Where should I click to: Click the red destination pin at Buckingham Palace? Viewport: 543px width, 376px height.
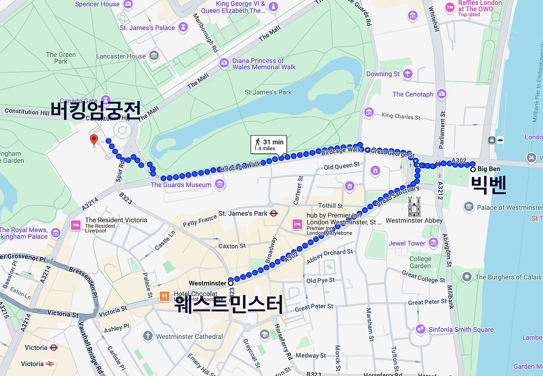pos(94,139)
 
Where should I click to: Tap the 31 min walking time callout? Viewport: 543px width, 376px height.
pos(268,145)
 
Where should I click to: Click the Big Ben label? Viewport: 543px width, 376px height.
pos(489,169)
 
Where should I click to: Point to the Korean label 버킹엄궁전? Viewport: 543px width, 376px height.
pos(95,111)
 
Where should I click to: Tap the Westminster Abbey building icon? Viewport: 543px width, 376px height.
pos(414,206)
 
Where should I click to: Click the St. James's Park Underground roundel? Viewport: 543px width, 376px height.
pos(274,213)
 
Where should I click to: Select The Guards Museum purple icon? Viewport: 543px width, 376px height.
pos(219,184)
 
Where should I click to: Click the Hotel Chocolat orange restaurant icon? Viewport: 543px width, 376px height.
pos(164,296)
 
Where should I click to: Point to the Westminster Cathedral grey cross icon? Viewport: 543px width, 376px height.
pos(148,336)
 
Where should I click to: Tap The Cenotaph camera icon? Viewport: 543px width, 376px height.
pos(442,94)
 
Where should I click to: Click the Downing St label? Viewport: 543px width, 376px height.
pos(383,74)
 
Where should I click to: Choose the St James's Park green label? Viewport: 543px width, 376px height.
pos(268,92)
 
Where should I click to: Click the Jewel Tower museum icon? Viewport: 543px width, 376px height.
pos(433,243)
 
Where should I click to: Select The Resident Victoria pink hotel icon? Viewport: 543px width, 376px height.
pos(76,225)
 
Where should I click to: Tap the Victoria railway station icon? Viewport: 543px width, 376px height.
pos(50,364)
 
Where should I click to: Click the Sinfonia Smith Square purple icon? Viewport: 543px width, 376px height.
pos(420,329)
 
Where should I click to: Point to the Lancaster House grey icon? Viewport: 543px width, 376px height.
pos(154,55)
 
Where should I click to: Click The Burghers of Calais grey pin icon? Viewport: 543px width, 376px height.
pos(467,277)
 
